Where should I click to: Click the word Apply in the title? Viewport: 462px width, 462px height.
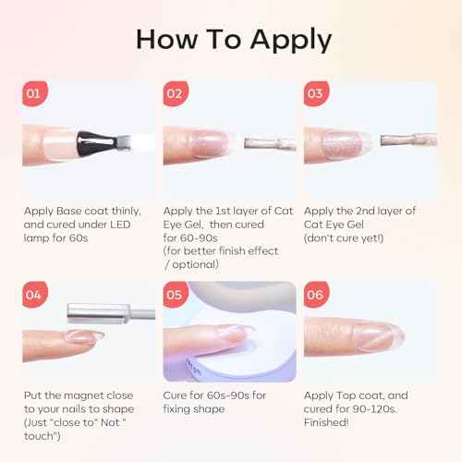pyautogui.click(x=291, y=40)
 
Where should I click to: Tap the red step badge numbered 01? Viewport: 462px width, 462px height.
pyautogui.click(x=35, y=93)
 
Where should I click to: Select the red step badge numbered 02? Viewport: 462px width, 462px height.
pyautogui.click(x=176, y=93)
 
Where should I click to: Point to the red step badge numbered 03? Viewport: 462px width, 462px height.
pyautogui.click(x=316, y=93)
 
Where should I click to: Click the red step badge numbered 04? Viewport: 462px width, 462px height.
pyautogui.click(x=35, y=295)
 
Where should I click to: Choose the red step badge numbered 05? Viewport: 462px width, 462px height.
pyautogui.click(x=176, y=295)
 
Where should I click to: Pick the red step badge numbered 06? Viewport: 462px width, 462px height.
pyautogui.click(x=316, y=295)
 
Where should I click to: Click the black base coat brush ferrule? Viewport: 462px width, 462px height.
pyautogui.click(x=97, y=143)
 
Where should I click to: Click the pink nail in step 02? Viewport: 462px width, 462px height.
pyautogui.click(x=211, y=143)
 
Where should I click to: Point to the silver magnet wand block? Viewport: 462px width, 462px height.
pyautogui.click(x=98, y=313)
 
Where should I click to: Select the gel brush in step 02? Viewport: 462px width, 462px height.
pyautogui.click(x=270, y=144)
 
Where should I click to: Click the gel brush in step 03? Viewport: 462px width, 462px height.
pyautogui.click(x=408, y=140)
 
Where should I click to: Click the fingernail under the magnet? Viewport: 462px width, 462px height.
pyautogui.click(x=83, y=336)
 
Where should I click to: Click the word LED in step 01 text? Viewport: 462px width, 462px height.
pyautogui.click(x=120, y=225)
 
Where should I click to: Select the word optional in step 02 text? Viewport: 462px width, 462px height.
pyautogui.click(x=195, y=264)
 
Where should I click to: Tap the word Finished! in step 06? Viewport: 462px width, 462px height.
pyautogui.click(x=326, y=422)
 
